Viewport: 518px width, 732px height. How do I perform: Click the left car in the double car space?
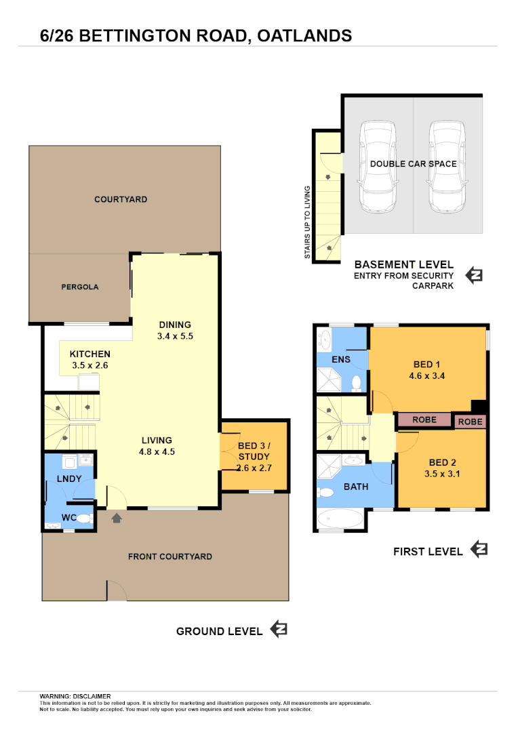378,167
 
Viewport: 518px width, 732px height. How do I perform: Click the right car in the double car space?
447,167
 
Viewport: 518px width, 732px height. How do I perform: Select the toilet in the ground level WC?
83,518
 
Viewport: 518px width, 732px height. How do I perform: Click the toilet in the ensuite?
356,382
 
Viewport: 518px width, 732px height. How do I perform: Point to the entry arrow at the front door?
117,518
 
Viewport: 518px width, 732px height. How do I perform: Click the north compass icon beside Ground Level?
279,629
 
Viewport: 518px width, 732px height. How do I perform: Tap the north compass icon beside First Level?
479,549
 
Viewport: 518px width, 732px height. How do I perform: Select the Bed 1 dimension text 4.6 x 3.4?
426,375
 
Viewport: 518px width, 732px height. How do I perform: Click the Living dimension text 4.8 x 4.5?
157,451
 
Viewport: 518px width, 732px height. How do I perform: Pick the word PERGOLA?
80,287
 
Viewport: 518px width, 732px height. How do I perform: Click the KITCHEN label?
89,354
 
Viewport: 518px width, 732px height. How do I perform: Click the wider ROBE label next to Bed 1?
424,420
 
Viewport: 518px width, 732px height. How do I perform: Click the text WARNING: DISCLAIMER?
75,696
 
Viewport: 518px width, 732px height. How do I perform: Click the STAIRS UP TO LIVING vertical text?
307,222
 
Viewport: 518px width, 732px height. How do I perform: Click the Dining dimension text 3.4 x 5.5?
175,335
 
